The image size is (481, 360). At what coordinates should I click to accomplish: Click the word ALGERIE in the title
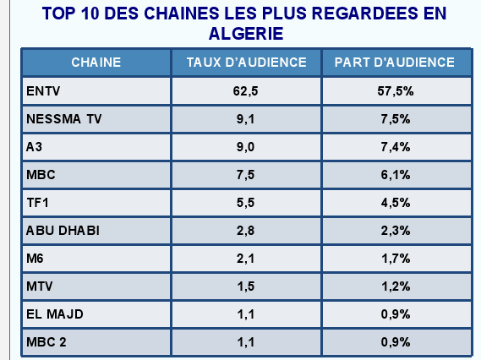245,34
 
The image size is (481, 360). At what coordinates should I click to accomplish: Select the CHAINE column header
96,63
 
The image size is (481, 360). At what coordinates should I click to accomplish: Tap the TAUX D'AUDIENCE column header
246,63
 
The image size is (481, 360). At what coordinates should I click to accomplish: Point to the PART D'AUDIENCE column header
395,63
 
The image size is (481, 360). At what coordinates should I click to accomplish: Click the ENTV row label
44,90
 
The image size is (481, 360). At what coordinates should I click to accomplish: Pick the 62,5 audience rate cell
246,90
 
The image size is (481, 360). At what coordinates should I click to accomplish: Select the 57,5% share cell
395,90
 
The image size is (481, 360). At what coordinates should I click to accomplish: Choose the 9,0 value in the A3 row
246,147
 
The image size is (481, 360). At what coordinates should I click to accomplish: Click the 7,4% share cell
395,147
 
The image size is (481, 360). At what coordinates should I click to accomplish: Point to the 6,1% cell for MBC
395,175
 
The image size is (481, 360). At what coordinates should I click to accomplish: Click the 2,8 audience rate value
246,231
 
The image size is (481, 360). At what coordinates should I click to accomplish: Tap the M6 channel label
36,259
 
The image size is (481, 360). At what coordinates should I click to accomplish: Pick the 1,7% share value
395,259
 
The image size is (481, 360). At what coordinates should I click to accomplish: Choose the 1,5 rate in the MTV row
246,286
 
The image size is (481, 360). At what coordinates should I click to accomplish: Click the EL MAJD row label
55,314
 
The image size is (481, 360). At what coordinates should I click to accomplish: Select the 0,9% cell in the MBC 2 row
395,342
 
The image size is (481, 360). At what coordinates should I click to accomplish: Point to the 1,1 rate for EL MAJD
246,314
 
